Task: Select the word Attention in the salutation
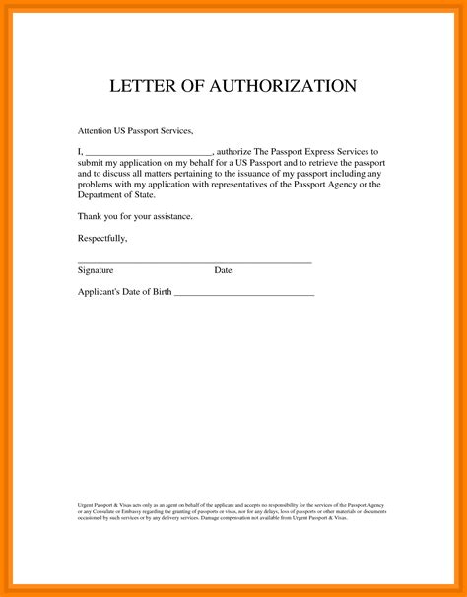[x=97, y=131]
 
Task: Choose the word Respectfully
[x=102, y=238]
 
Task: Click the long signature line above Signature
[x=194, y=262]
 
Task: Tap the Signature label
[x=96, y=269]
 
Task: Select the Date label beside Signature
[x=223, y=269]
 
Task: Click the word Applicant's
[x=100, y=293]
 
